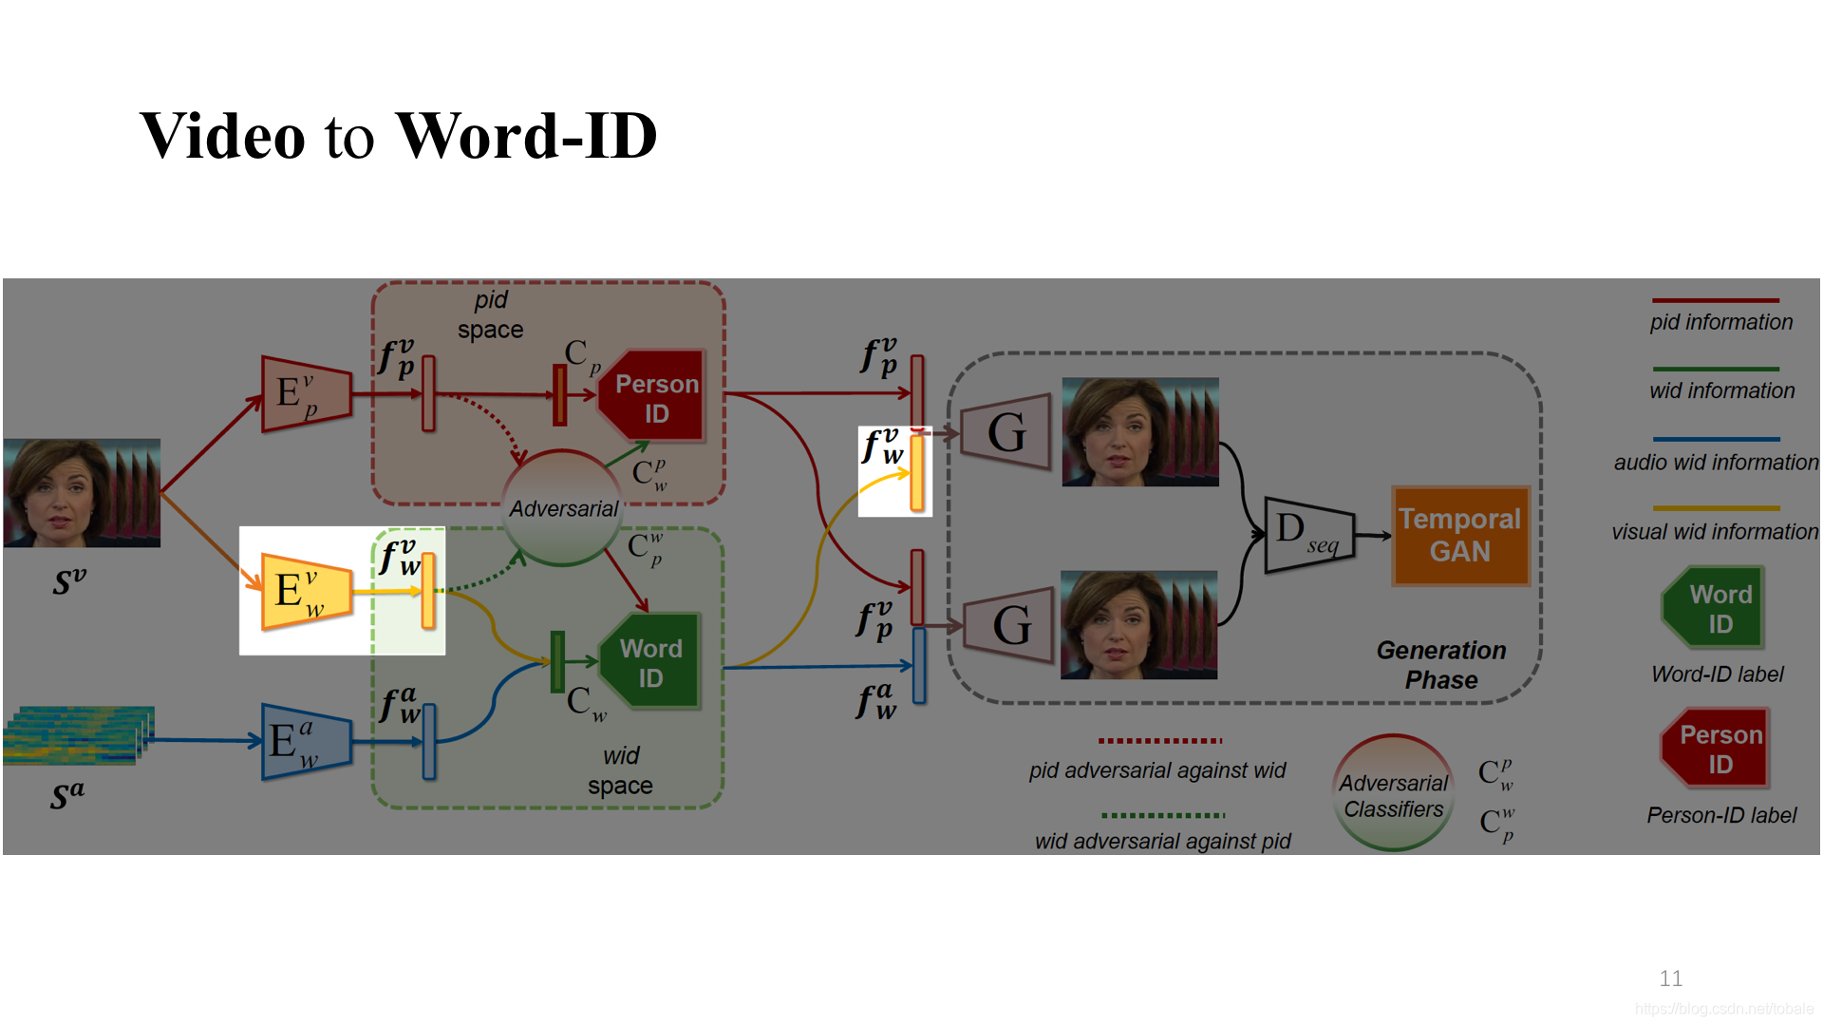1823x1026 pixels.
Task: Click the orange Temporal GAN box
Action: [x=1459, y=536]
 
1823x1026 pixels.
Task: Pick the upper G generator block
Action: [x=1006, y=432]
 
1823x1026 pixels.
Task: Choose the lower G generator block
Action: [x=1009, y=624]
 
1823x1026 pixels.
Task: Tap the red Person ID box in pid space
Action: [x=653, y=397]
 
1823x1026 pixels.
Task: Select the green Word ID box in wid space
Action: [x=651, y=662]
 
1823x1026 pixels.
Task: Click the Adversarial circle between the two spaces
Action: [x=563, y=508]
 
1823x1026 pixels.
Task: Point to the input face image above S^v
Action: [x=82, y=492]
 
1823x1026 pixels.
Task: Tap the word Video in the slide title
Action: [x=223, y=136]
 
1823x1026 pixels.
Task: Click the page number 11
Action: [x=1670, y=978]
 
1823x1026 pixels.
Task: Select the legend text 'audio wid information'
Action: [x=1716, y=463]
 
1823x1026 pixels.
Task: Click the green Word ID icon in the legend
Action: [x=1716, y=608]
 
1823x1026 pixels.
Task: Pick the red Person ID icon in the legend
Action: [x=1716, y=749]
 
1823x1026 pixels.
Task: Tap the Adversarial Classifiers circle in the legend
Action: [x=1393, y=794]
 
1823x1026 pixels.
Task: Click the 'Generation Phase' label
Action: [x=1440, y=665]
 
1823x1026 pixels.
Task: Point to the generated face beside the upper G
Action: [x=1139, y=432]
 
